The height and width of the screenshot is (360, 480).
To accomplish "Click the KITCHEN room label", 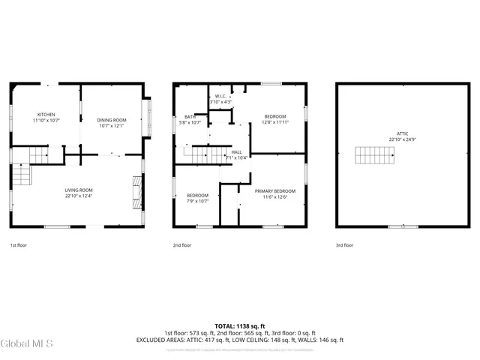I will [46, 115].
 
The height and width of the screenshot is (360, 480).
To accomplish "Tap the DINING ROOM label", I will [111, 120].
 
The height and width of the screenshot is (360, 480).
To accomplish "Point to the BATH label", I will [190, 116].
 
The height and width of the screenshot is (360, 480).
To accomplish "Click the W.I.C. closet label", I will [220, 96].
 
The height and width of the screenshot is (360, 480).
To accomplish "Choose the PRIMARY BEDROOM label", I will [274, 191].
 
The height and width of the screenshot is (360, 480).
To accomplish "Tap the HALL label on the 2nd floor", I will [236, 151].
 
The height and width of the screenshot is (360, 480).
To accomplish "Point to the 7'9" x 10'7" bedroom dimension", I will [197, 201].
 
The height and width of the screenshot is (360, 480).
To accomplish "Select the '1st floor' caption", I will [19, 245].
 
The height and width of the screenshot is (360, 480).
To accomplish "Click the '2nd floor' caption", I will [182, 245].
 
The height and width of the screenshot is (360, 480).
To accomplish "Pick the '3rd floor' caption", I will [343, 245].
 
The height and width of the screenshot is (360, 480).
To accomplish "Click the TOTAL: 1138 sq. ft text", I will [240, 326].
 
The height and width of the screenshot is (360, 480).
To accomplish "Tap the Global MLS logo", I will [27, 343].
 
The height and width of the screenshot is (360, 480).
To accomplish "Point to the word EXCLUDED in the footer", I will [152, 340].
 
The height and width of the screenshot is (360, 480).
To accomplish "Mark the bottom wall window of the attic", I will [397, 226].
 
